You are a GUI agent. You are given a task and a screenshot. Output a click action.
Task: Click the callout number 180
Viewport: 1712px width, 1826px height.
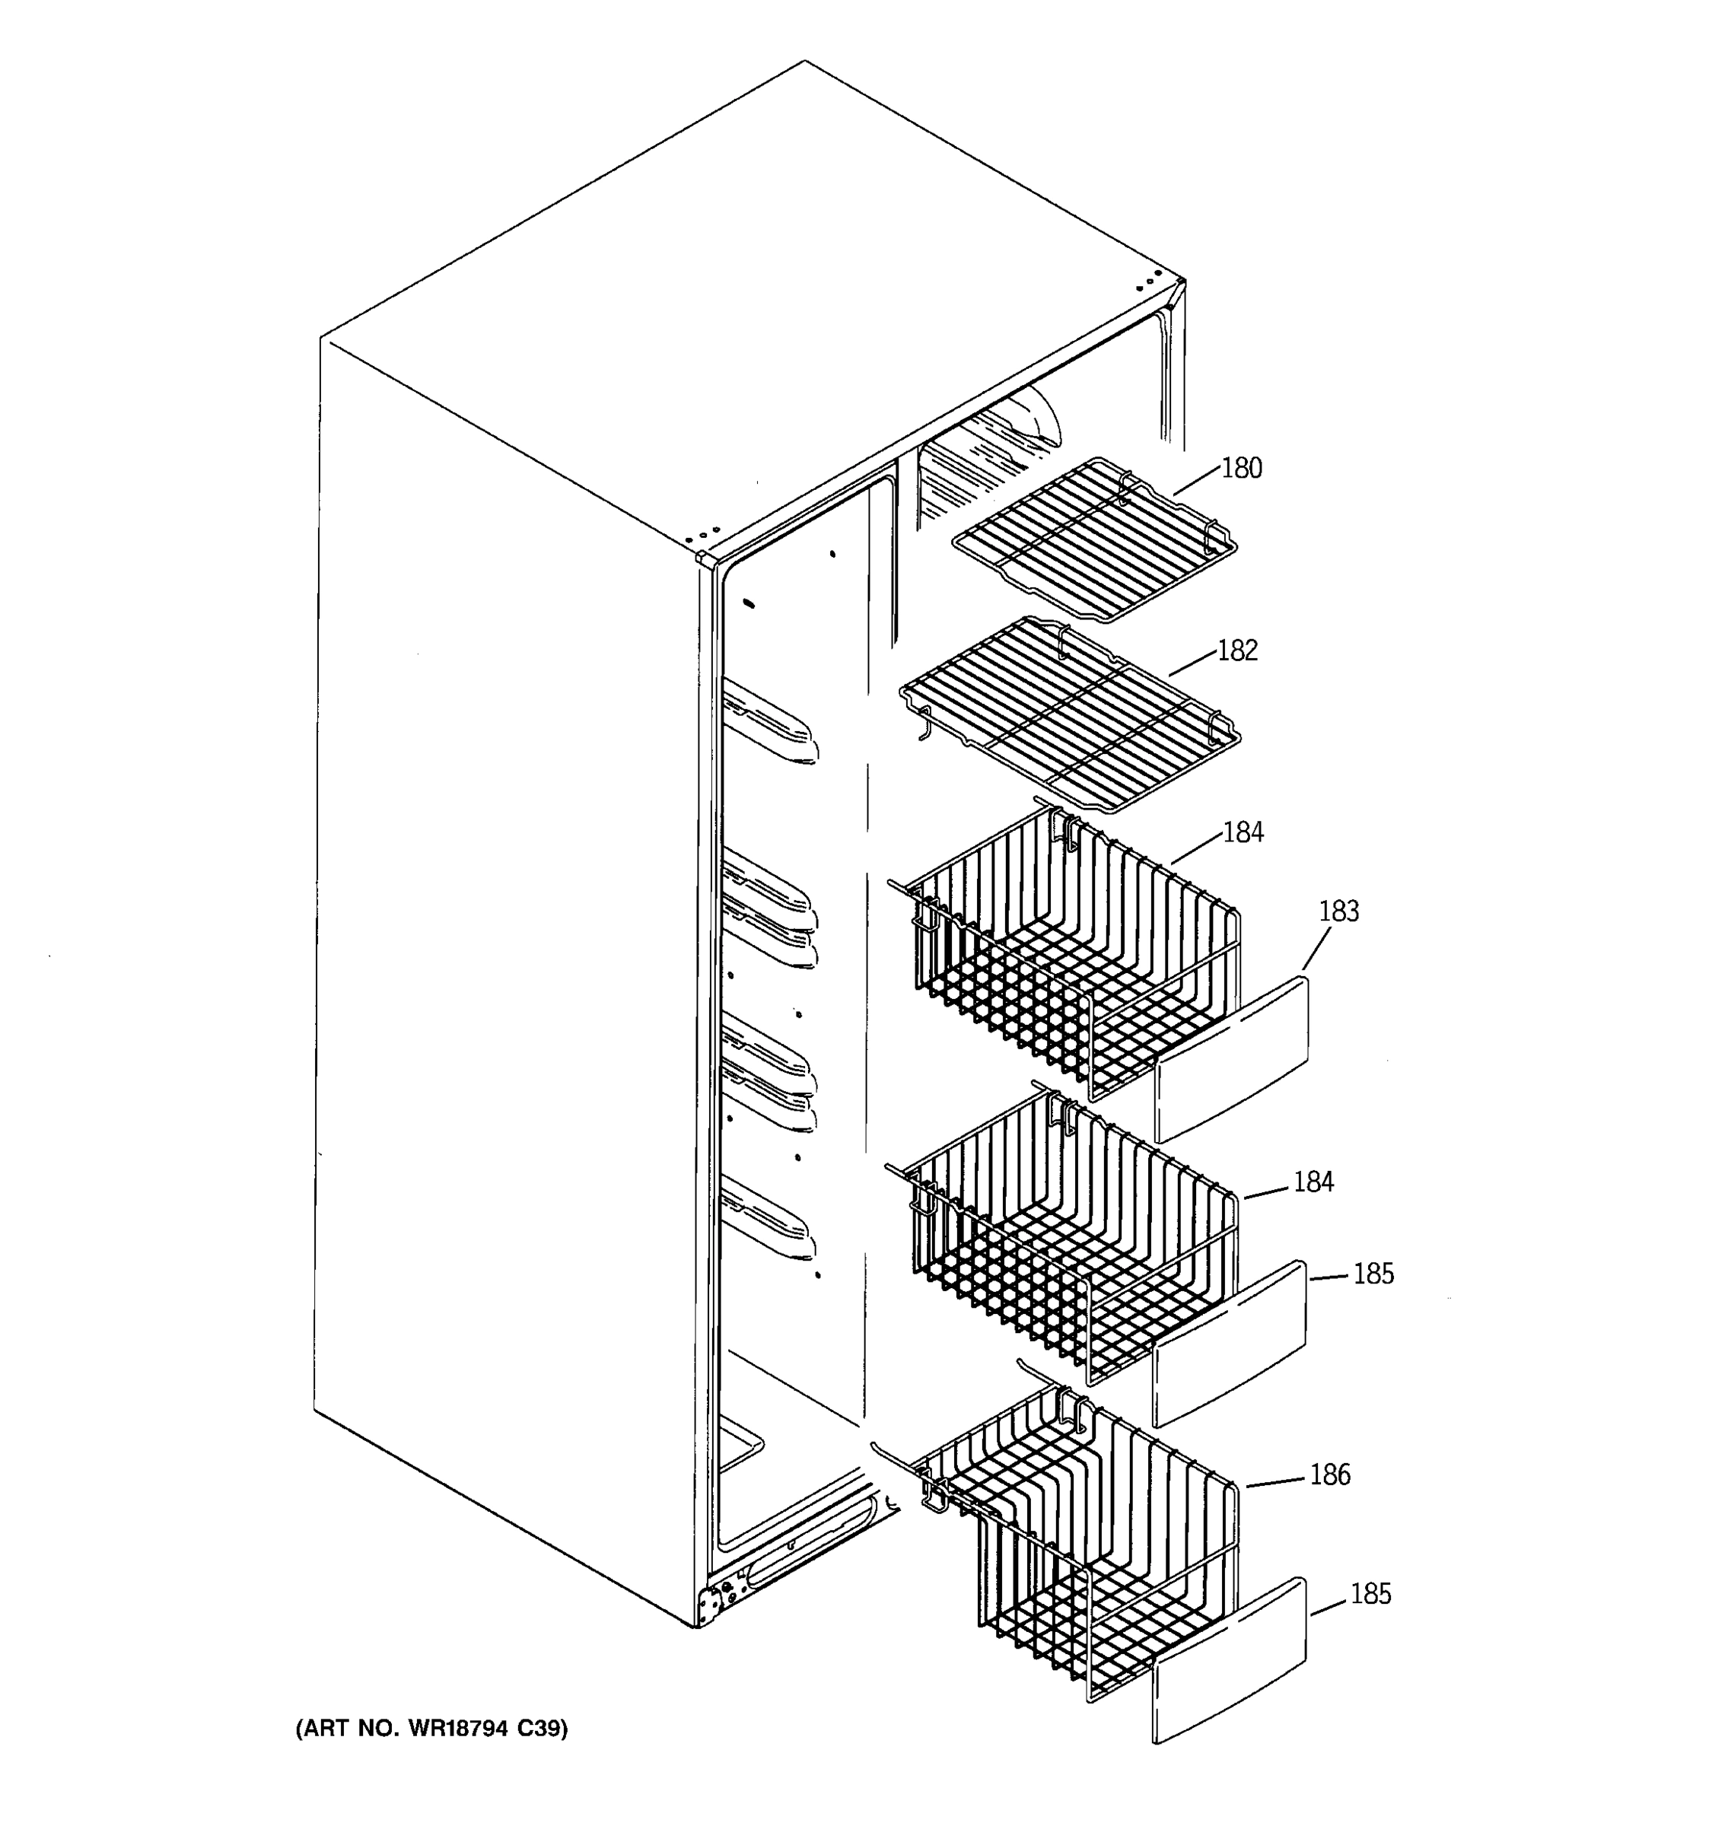1241,469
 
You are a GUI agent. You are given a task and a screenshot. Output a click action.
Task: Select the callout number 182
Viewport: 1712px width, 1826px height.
1237,651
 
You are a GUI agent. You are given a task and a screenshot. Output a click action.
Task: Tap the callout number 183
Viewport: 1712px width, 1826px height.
1338,911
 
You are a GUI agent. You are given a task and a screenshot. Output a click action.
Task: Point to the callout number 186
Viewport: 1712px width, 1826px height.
1329,1475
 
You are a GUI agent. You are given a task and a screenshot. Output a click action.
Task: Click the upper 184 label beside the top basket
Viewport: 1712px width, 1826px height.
1243,832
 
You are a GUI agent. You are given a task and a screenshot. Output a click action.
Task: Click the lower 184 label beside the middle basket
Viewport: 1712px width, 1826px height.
1313,1182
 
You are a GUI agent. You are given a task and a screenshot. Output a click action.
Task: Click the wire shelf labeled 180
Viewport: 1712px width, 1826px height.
1093,542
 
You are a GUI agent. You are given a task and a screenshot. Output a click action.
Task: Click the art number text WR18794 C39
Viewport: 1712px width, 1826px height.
431,1729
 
